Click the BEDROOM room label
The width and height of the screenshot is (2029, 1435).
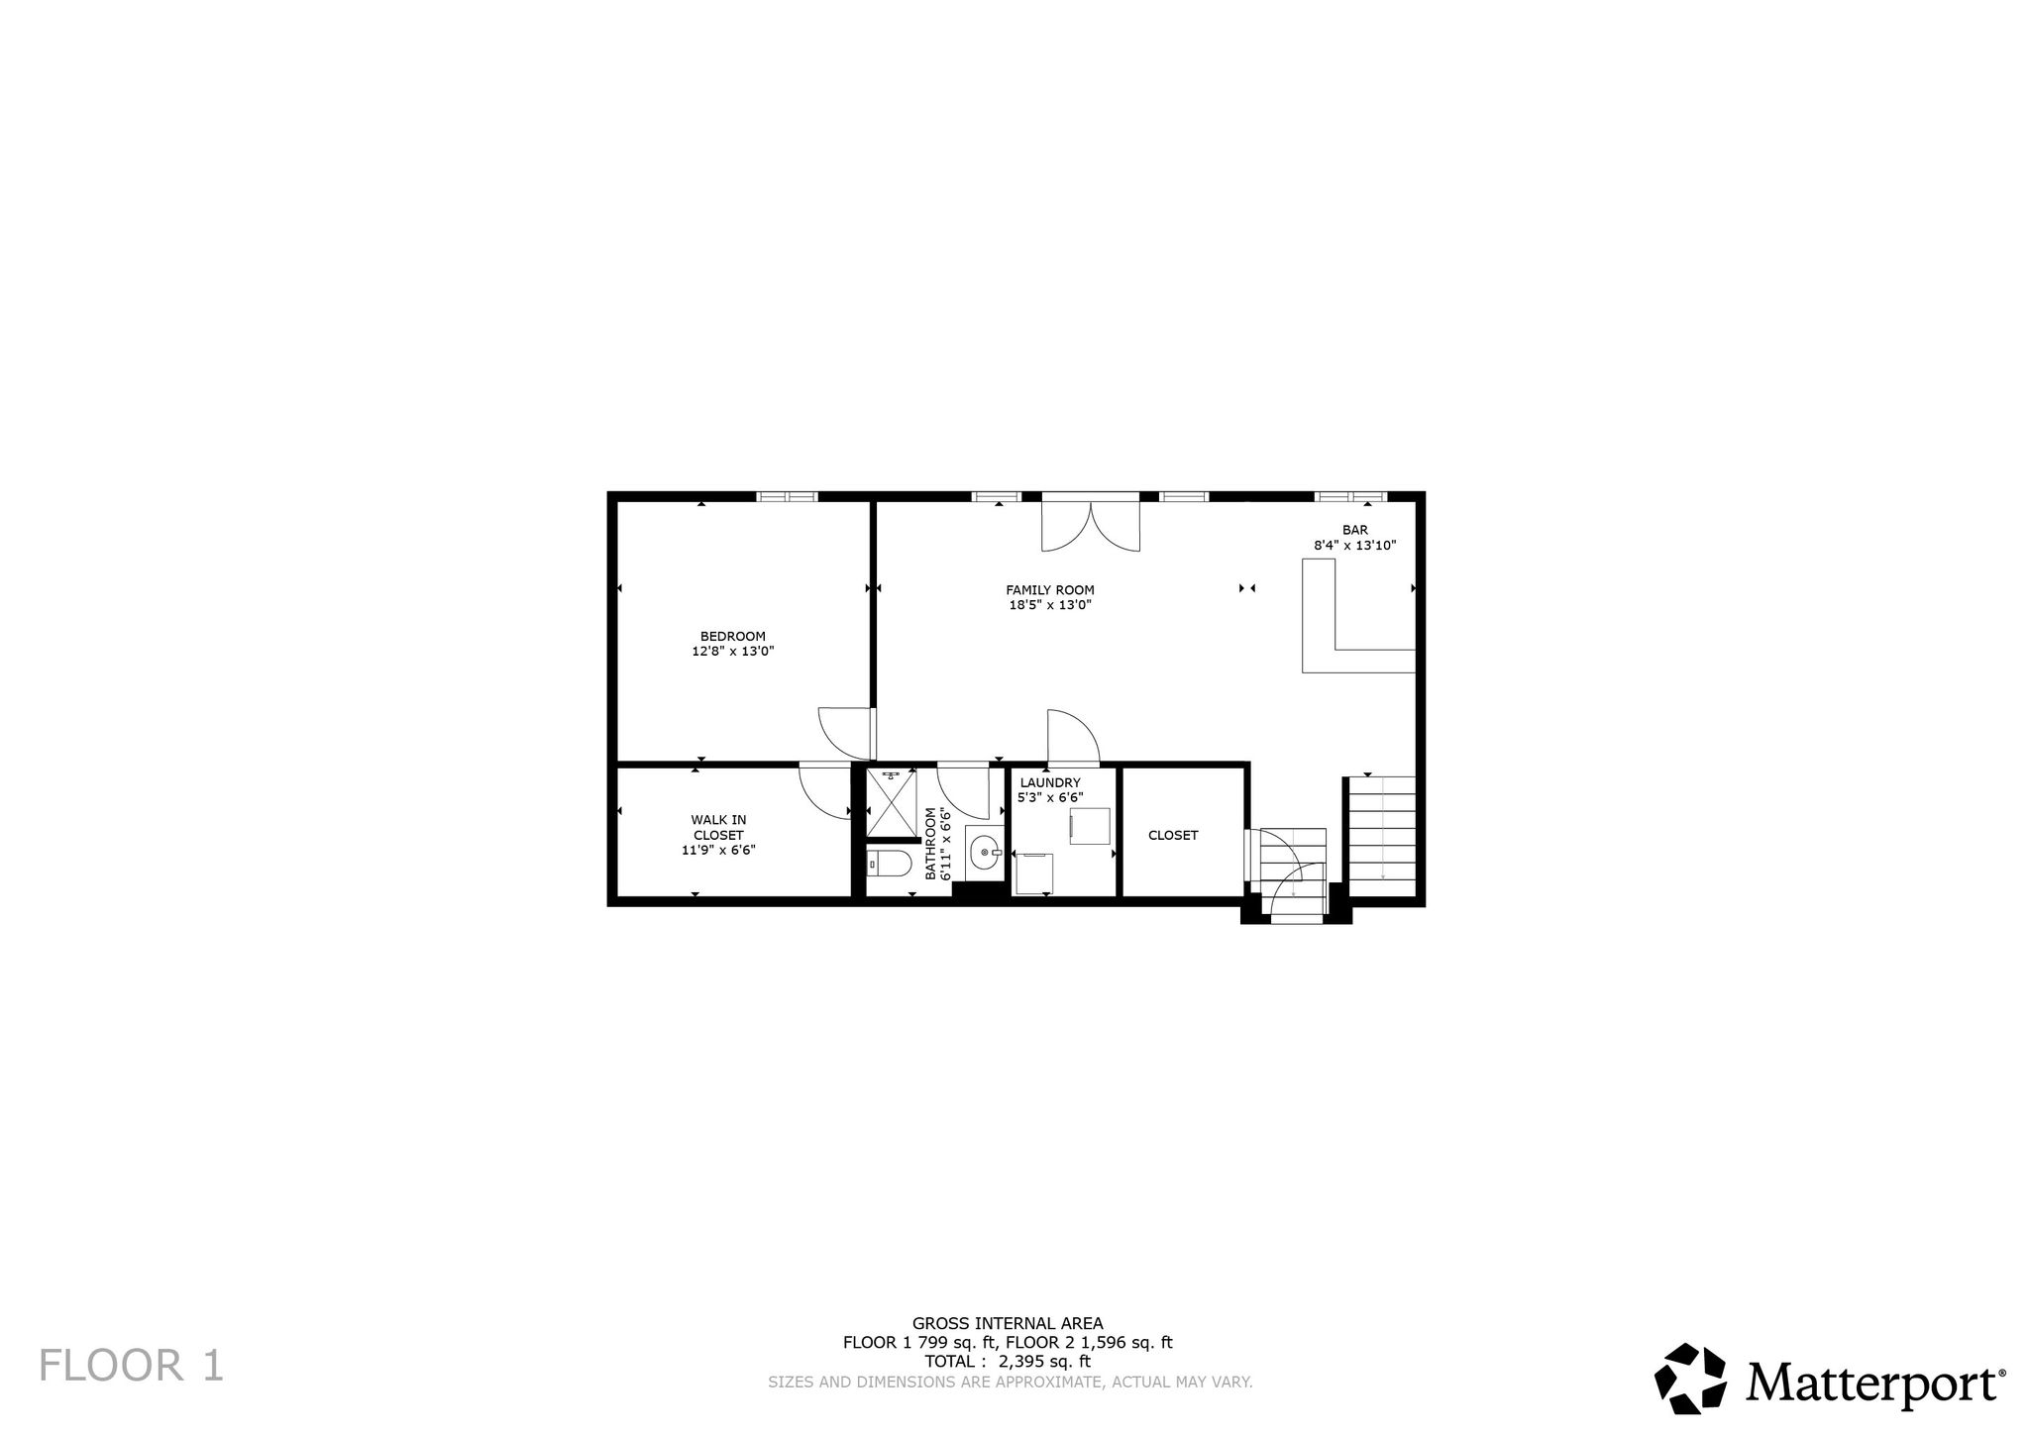point(732,636)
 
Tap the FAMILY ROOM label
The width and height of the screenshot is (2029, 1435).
point(1050,590)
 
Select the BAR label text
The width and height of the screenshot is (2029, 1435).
point(1354,530)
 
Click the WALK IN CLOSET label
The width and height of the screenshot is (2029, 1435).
point(718,827)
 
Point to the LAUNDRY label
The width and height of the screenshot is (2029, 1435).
point(1050,782)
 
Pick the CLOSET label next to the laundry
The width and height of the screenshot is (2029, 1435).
point(1173,835)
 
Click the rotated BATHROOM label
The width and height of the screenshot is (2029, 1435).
point(930,844)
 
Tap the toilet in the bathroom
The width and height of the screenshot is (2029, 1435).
point(889,865)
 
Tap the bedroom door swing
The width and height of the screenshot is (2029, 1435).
point(844,733)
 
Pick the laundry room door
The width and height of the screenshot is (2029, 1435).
point(1073,737)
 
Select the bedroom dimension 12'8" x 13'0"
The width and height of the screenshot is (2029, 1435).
point(732,652)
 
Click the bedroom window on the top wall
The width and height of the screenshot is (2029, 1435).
point(787,496)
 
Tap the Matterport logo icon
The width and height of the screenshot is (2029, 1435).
point(1690,1379)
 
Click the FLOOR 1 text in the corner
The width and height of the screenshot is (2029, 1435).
point(132,1365)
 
